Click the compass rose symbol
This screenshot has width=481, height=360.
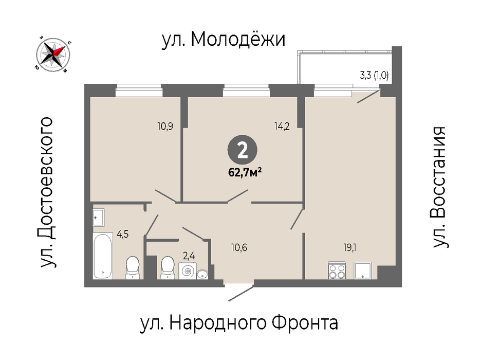[53, 55]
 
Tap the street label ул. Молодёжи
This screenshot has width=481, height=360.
[224, 40]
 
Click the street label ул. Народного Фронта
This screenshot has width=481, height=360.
[239, 323]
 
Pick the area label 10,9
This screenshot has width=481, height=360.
[165, 126]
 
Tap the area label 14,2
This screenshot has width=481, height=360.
[282, 126]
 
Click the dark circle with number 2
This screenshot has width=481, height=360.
[243, 151]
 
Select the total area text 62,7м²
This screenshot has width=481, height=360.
[245, 172]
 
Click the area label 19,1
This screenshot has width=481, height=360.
[350, 247]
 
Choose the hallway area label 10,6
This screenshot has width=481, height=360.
[239, 247]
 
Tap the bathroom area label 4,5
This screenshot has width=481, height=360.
[123, 234]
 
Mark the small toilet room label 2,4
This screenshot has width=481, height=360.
[189, 256]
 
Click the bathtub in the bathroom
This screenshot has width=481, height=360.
[102, 256]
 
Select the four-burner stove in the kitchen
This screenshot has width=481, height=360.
[337, 271]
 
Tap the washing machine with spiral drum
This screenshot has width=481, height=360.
[188, 271]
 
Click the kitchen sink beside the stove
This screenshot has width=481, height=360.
[363, 271]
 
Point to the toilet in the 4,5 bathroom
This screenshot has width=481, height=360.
[133, 267]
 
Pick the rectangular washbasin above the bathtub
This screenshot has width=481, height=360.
[99, 218]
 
